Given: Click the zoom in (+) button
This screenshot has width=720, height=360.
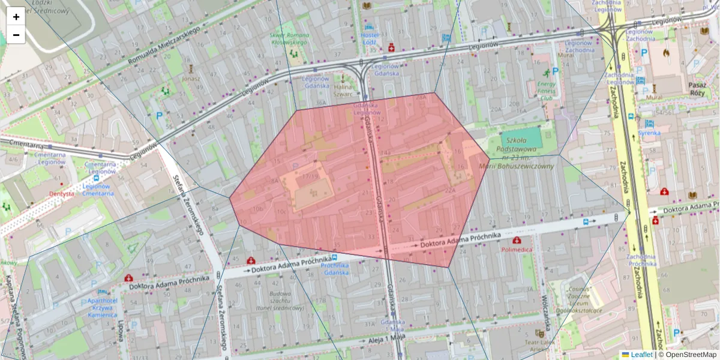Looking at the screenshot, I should click(16, 17).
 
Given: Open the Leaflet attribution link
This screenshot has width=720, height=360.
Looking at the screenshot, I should click(641, 355).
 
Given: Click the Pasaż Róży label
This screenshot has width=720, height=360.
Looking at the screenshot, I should click(697, 89).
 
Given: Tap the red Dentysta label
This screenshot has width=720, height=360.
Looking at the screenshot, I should click(62, 194).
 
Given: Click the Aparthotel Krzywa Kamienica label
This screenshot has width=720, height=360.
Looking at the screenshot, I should click(92, 307).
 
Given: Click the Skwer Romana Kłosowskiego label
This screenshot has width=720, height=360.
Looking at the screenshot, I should click(289, 38).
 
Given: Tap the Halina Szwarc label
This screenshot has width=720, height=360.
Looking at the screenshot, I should click(343, 90).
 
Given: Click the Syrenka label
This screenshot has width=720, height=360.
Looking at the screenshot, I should click(649, 133).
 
